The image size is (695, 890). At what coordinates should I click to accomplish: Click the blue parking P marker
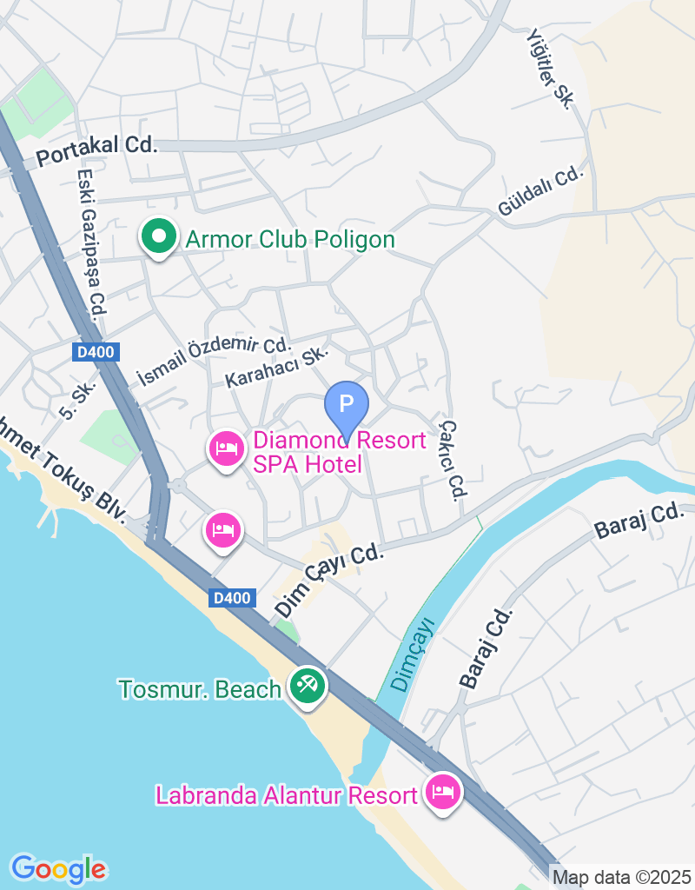pyautogui.click(x=347, y=404)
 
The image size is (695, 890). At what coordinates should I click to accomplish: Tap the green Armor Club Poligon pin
pyautogui.click(x=158, y=237)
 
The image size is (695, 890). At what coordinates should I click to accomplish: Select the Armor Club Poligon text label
pyautogui.click(x=290, y=239)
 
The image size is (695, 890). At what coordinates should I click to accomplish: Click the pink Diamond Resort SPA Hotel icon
pyautogui.click(x=227, y=448)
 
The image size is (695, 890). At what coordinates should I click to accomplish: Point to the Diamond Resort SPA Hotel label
pyautogui.click(x=339, y=452)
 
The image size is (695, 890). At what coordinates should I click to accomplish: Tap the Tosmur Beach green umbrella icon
pyautogui.click(x=307, y=686)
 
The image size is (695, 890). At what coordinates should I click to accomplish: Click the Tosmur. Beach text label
pyautogui.click(x=200, y=689)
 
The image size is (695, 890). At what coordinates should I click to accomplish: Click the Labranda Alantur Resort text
pyautogui.click(x=286, y=794)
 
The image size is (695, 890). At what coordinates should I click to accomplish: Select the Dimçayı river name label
pyautogui.click(x=412, y=654)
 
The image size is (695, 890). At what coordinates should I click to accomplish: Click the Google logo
pyautogui.click(x=58, y=868)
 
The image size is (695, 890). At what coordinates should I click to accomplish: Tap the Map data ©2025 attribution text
pyautogui.click(x=621, y=878)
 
